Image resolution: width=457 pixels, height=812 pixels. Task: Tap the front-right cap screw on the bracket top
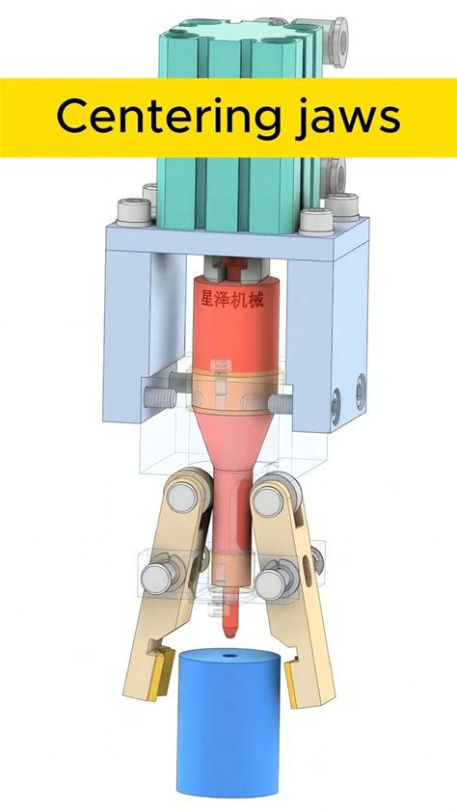click(315, 221)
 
